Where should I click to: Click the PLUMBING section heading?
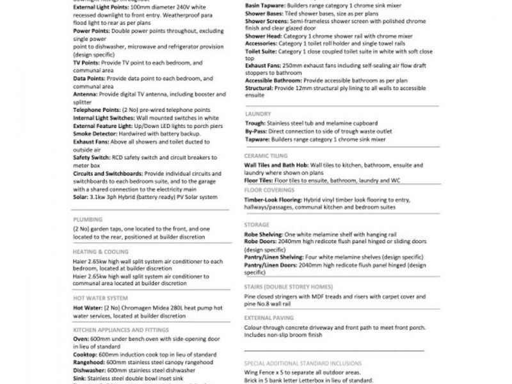click(88, 219)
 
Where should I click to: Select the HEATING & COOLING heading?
click(100, 252)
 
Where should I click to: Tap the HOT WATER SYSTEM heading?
click(100, 298)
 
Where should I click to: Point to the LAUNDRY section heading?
click(258, 114)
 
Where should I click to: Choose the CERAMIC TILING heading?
click(266, 156)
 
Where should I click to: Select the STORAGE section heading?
click(257, 225)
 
